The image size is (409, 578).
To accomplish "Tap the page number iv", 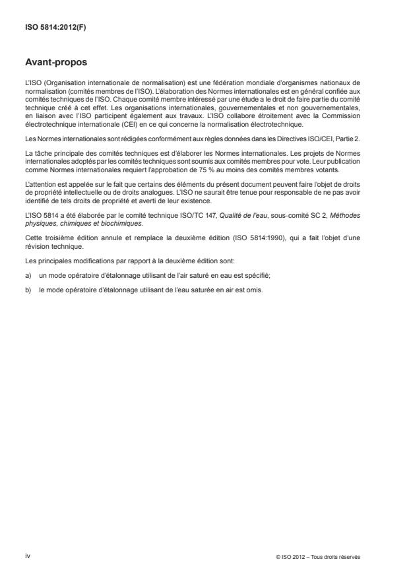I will tap(27, 556).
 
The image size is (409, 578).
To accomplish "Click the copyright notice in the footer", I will tap(319, 556).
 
